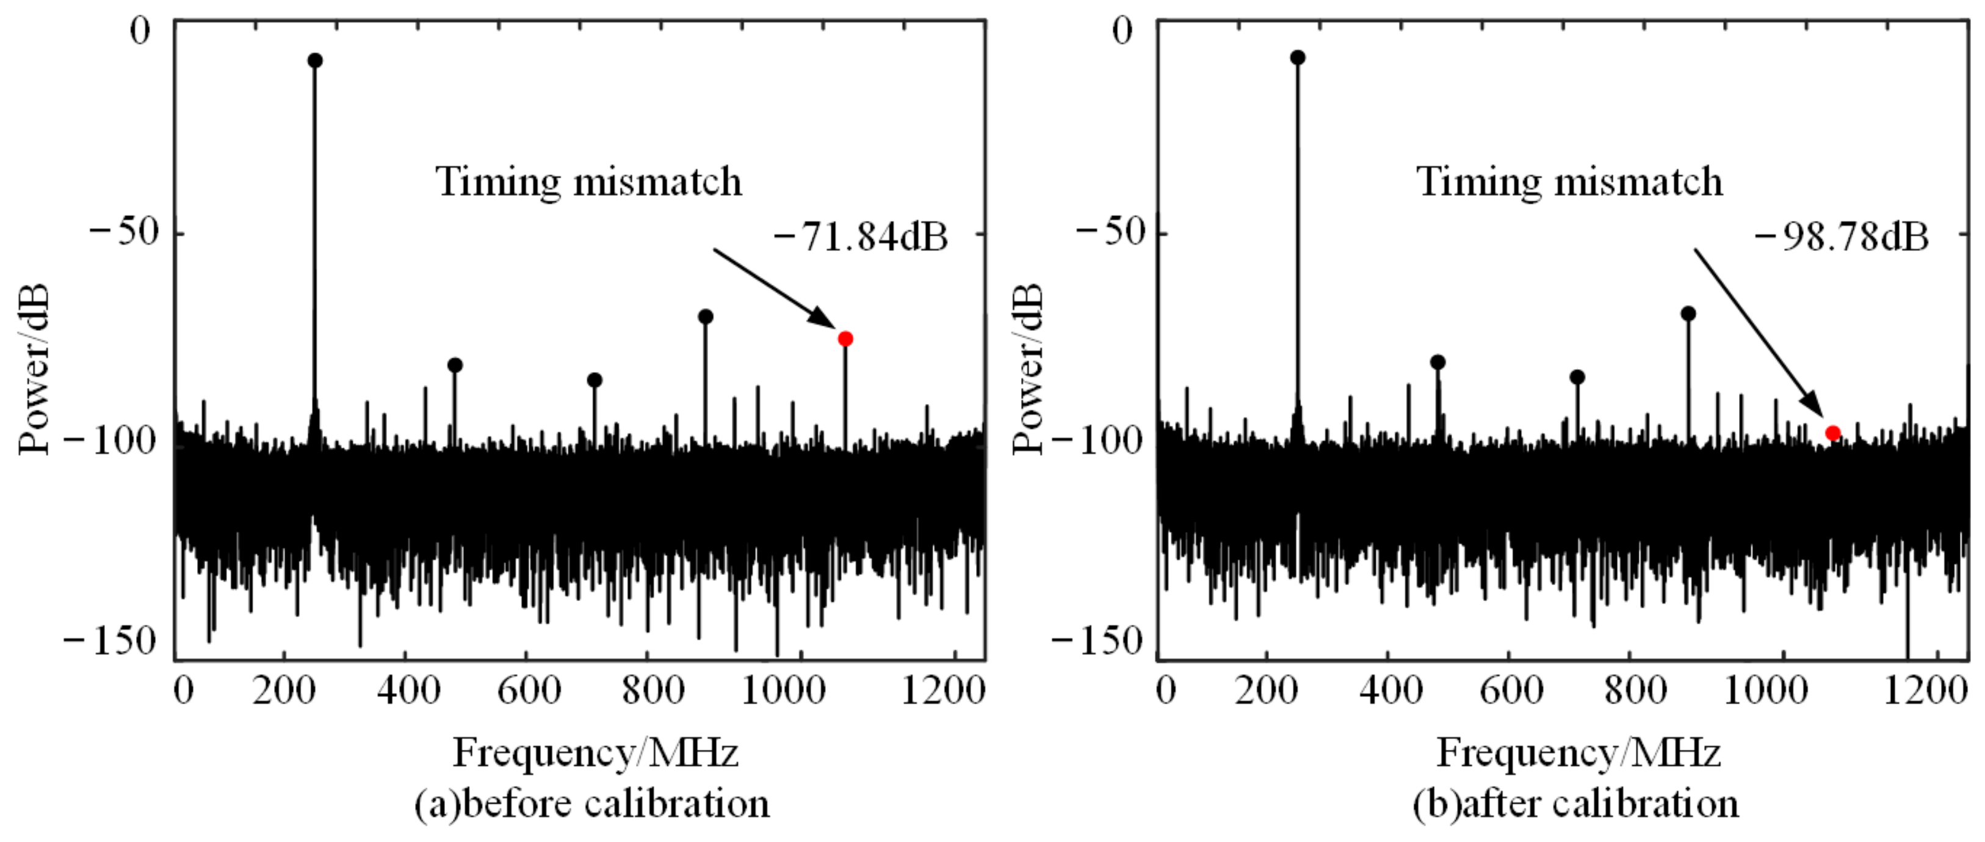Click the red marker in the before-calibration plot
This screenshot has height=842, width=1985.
845,339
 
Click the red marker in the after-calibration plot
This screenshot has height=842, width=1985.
1832,434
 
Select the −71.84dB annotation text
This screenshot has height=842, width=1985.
860,237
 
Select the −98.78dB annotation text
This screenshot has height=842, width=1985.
1842,237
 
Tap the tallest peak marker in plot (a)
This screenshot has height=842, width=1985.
314,61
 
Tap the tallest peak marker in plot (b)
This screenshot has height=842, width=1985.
1298,58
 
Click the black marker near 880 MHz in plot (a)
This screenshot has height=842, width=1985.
705,317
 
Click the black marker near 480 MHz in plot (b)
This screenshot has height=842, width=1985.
1437,362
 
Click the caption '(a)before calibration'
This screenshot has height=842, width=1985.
592,804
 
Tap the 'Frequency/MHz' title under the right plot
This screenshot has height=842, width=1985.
1578,753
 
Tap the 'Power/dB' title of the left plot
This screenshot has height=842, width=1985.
35,369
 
